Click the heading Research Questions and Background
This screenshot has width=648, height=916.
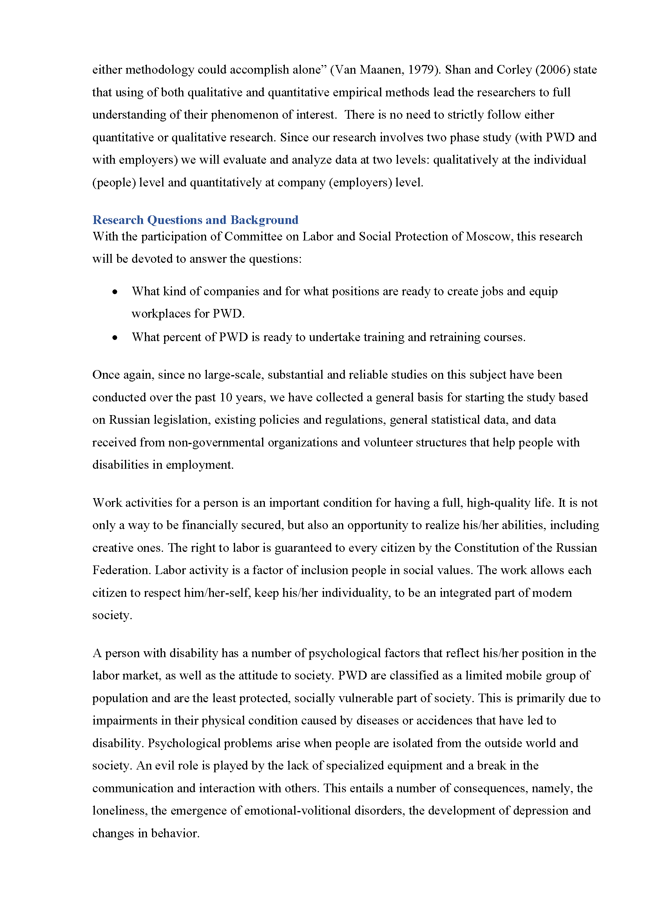point(195,220)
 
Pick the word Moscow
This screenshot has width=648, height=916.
point(488,237)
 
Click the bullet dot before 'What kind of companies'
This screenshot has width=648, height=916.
point(115,292)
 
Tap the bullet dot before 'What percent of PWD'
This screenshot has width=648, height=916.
point(115,338)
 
